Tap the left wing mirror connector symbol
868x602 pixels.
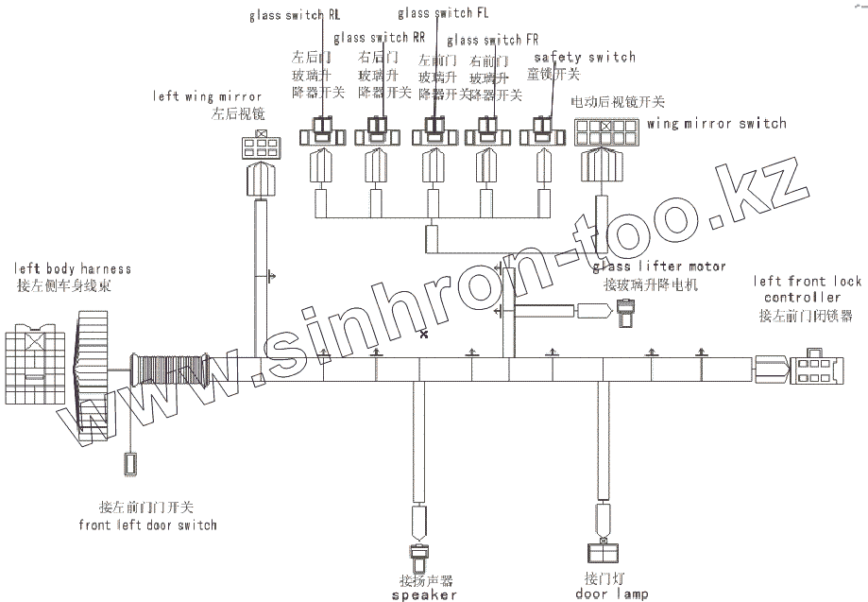[x=260, y=146]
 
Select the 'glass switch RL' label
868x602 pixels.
[x=296, y=16]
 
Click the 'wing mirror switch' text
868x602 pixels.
[x=717, y=123]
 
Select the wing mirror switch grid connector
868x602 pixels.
[x=606, y=130]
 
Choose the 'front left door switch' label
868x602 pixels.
[x=148, y=525]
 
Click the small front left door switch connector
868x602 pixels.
[x=130, y=464]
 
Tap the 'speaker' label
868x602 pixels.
[x=424, y=595]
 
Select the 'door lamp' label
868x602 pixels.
[x=611, y=594]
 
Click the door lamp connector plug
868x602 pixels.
[x=601, y=549]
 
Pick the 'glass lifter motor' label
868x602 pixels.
[x=659, y=267]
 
